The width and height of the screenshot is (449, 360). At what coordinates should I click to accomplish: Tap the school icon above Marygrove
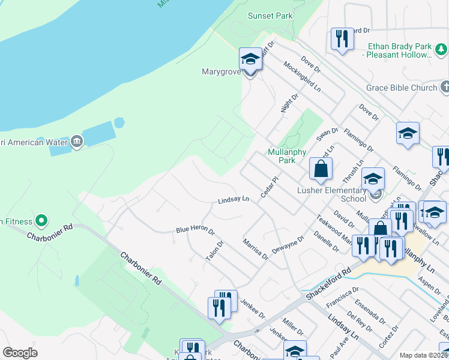coord(250,60)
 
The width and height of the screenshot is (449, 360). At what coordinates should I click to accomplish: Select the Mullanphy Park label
coord(282,156)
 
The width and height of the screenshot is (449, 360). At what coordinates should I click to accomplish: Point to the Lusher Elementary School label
coord(332,194)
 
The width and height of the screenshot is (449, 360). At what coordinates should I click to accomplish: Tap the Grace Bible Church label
coord(402,88)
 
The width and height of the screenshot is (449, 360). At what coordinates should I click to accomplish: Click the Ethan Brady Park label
coord(399,50)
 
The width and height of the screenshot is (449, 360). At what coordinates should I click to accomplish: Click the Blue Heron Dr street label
coord(195,230)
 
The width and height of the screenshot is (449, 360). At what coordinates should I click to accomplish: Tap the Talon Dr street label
coord(214,250)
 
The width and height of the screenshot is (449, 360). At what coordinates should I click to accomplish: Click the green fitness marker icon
coord(41,221)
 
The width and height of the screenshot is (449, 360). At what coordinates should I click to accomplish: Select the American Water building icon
coord(76,142)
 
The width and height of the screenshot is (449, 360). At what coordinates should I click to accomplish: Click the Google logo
coord(20,353)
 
